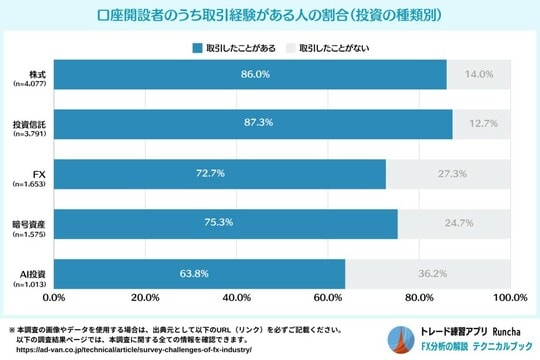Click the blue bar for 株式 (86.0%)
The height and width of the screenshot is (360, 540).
(x=250, y=74)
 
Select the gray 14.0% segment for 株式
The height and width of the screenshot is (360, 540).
(x=479, y=74)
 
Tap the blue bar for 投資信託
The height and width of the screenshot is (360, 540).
(x=253, y=124)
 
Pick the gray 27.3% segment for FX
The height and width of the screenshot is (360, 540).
(x=448, y=174)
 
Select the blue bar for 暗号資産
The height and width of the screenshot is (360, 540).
(x=226, y=224)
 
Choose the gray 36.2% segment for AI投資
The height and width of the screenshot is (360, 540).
(x=427, y=273)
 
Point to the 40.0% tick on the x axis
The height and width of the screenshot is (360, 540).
(x=236, y=297)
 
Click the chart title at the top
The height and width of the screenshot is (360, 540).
(x=270, y=17)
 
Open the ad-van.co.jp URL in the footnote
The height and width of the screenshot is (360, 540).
(x=131, y=349)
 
